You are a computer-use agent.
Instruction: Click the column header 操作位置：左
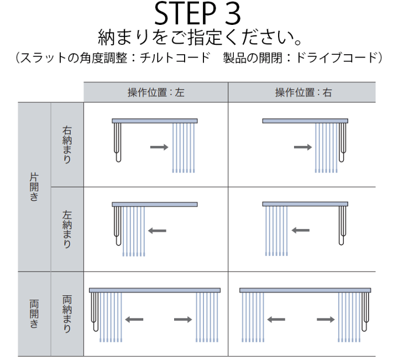tap(156, 92)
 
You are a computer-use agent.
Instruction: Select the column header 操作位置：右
tap(303, 92)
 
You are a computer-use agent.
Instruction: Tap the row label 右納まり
tap(67, 145)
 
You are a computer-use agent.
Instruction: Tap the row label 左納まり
tap(67, 229)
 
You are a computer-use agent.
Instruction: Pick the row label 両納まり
tap(67, 314)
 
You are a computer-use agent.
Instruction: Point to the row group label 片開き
tap(34, 187)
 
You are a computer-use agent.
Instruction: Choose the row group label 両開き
tap(34, 314)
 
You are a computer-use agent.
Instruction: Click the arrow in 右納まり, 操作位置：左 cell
tap(159, 147)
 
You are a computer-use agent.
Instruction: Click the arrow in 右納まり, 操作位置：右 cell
tap(303, 147)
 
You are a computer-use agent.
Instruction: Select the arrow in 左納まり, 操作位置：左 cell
tap(157, 231)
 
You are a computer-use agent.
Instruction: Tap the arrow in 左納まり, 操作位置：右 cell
tap(301, 231)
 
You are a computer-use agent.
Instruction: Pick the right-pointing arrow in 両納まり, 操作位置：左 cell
tap(183, 319)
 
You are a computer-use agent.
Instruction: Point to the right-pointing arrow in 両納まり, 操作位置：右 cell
tap(326, 319)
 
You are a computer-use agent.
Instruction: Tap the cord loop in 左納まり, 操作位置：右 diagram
tap(343, 226)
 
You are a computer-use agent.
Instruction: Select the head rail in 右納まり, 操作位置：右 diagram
tap(305, 121)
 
